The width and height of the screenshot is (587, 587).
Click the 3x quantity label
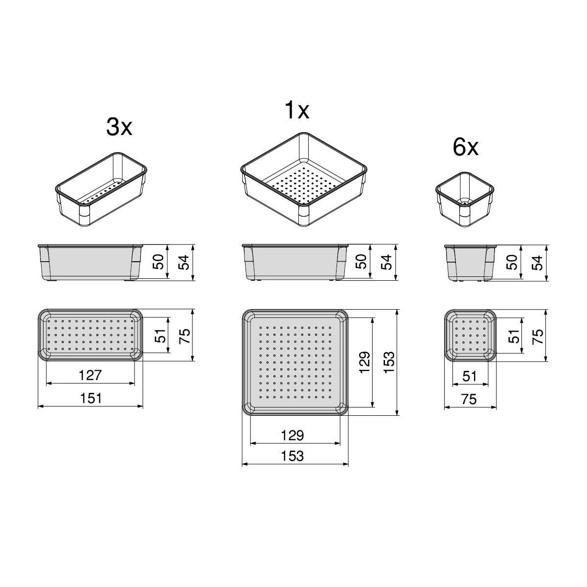pos(119,127)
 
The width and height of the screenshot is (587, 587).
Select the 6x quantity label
pos(466,148)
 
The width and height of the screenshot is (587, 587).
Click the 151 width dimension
pos(91,398)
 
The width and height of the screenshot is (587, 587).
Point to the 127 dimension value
pos(90,375)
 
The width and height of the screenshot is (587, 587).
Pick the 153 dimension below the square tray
pos(293,456)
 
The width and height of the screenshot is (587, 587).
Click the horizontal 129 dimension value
pos(293,435)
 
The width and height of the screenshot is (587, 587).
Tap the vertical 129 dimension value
pos(364,362)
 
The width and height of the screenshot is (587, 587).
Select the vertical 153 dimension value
pos(389,362)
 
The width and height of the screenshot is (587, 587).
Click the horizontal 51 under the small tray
pos(470,377)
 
